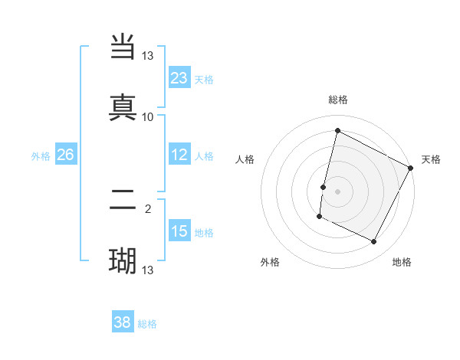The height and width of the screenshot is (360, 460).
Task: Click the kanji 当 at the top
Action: point(123,47)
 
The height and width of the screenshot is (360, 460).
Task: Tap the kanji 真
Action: point(123,106)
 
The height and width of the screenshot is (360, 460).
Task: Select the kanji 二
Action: point(123,202)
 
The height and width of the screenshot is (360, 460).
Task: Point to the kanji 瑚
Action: point(123,261)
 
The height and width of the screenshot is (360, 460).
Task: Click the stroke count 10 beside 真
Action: point(148,116)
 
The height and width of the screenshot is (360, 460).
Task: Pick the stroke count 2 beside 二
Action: point(148,207)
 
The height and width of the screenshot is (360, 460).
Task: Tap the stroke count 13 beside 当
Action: point(148,56)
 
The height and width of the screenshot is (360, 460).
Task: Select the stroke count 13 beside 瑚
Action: point(148,270)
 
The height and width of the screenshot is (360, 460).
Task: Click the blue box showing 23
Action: point(179,78)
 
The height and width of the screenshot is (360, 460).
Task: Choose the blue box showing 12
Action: point(179,155)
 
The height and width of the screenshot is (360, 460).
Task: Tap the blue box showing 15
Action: point(179,231)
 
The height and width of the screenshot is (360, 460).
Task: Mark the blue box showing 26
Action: point(65,155)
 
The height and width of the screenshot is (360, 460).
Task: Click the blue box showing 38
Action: point(123,322)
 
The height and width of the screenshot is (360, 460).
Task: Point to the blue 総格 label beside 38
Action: point(147,324)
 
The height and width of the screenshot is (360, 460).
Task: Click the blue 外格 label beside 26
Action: point(41,156)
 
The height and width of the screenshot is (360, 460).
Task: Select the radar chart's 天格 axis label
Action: point(431,159)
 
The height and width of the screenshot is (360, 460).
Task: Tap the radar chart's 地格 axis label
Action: point(402,262)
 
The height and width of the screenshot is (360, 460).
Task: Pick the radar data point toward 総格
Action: point(337,131)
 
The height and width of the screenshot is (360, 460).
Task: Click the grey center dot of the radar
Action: point(337,191)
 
